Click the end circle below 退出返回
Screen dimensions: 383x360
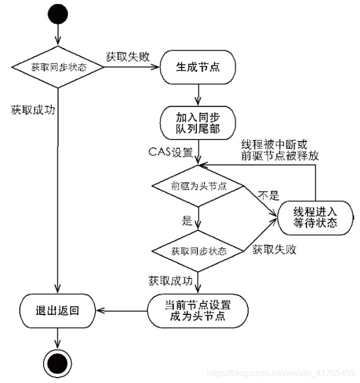tap(58, 361)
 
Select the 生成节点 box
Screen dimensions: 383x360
tap(198, 67)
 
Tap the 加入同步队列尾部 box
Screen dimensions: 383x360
tap(198, 122)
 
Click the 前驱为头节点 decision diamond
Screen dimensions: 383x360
tap(197, 186)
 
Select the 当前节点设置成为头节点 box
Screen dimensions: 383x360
tap(198, 311)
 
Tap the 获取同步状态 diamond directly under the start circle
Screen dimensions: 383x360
tap(58, 68)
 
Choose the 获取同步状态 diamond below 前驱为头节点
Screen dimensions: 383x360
tap(198, 251)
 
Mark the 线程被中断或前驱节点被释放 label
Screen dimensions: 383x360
tap(280, 149)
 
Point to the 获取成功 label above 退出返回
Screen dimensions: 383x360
tap(33, 109)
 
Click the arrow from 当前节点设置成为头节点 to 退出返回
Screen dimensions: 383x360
tap(121, 311)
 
